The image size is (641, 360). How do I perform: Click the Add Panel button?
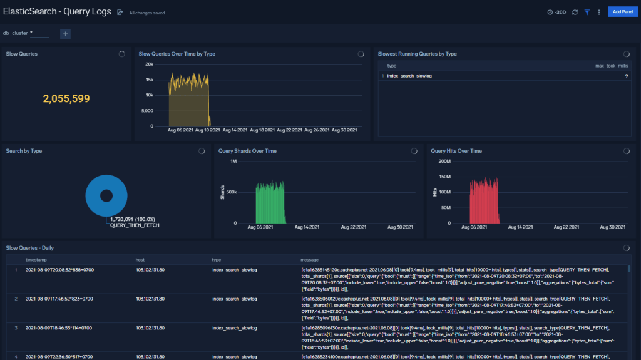coord(622,12)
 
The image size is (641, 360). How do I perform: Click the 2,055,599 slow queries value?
coord(66,98)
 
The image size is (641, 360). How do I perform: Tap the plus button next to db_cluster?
coord(65,34)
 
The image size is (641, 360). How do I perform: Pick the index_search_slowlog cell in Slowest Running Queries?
coord(409,76)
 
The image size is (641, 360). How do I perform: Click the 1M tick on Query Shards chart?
coord(233,162)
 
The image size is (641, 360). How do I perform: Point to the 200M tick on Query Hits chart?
coord(443,162)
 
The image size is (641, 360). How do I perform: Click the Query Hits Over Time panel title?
coord(456,151)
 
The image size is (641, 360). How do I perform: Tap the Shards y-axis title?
coord(222,192)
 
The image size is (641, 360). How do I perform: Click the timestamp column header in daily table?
coord(36,259)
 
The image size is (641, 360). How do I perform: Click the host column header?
coord(140,259)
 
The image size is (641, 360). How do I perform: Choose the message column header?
coord(310,259)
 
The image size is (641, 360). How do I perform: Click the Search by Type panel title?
coord(24,151)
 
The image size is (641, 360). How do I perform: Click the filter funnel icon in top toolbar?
coord(587,12)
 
